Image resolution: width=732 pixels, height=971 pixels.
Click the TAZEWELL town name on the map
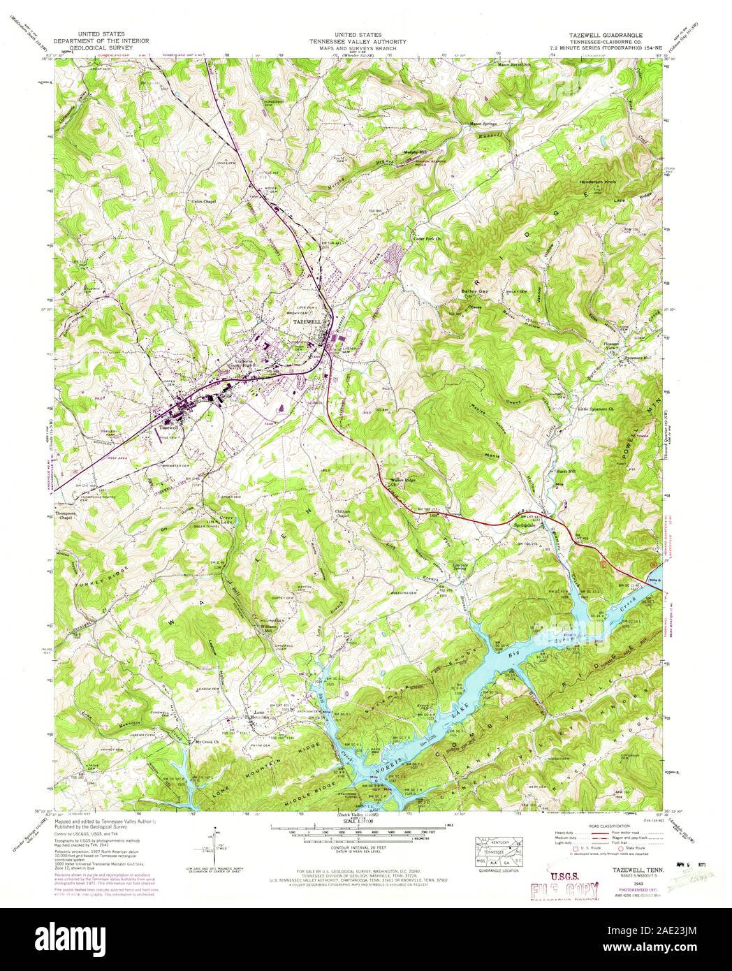pos(306,316)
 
